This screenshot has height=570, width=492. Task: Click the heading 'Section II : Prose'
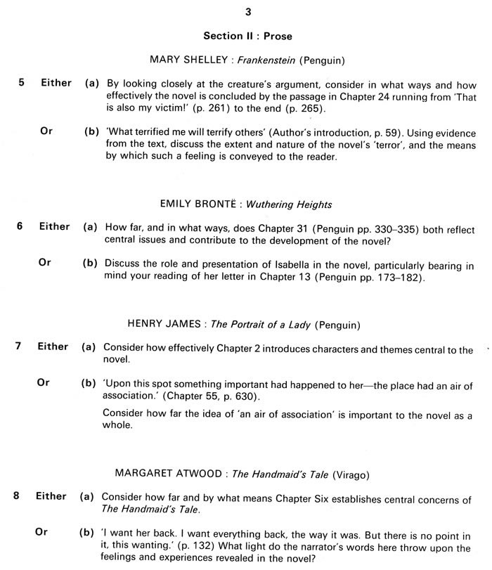coord(248,35)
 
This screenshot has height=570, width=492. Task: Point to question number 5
coord(21,83)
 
